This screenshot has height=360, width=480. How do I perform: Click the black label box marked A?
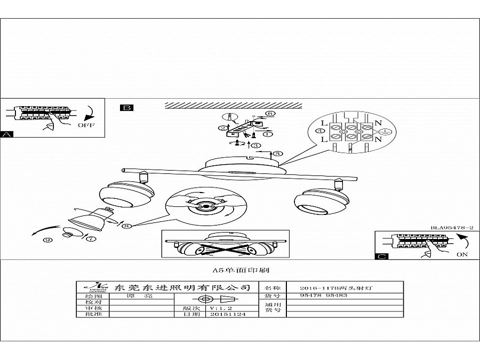click(x=7, y=134)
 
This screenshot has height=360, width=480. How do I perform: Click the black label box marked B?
click(x=127, y=108)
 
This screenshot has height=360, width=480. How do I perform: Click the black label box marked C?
click(x=381, y=256)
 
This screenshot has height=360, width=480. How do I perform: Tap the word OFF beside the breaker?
click(x=86, y=126)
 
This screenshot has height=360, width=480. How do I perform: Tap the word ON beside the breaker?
click(x=462, y=255)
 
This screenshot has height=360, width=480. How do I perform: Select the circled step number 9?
click(x=49, y=240)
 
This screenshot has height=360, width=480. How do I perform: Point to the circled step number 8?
click(x=126, y=226)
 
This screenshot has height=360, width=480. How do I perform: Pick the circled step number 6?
click(x=270, y=114)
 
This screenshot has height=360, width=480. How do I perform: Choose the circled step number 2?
click(x=221, y=128)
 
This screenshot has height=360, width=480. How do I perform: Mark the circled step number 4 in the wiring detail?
click(x=320, y=131)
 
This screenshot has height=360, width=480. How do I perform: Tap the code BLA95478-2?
click(x=452, y=228)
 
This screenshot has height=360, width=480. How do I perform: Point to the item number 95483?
click(x=337, y=295)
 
